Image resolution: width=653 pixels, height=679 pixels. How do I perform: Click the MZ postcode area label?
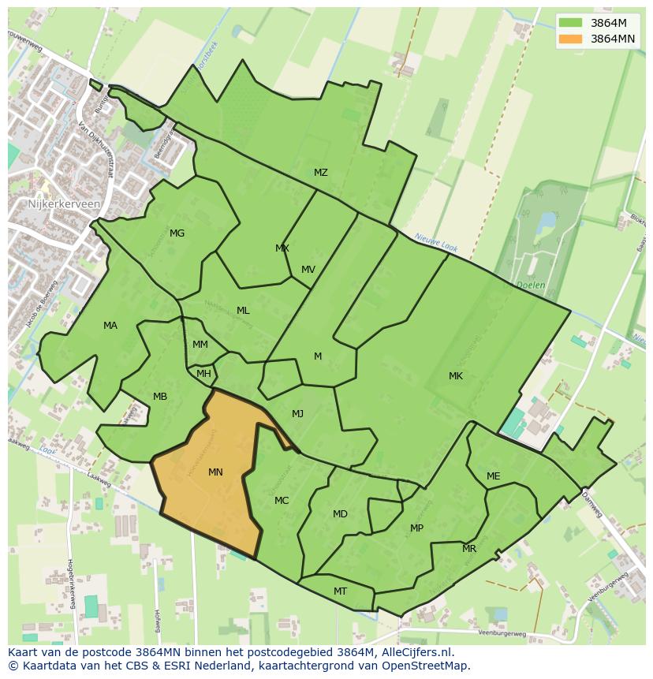coord(320,173)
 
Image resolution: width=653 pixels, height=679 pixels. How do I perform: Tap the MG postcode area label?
coord(177,233)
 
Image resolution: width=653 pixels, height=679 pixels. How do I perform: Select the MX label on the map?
coord(282,248)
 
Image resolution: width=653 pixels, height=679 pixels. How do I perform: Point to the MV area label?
coord(308,270)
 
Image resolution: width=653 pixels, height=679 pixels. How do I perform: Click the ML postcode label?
coord(243,311)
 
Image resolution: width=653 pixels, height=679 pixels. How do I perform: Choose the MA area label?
coord(110,326)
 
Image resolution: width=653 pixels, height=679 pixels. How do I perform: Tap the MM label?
coord(200,345)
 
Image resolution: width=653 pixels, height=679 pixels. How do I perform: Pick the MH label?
coord(203,374)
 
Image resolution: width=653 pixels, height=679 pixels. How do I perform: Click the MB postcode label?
coord(160,397)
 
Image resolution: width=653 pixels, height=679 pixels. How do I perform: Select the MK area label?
coord(456,376)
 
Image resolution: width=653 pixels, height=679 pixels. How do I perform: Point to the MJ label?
coord(297,414)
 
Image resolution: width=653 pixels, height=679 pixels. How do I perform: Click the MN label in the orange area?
coord(215,472)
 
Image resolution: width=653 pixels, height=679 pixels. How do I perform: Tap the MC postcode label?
coord(282,501)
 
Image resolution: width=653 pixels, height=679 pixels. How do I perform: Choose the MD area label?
coord(340,514)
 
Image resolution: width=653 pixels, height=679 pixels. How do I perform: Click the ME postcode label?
coord(493,476)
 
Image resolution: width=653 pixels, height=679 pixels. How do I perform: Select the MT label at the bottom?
coord(340,591)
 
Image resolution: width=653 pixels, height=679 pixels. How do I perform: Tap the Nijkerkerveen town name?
coord(64,203)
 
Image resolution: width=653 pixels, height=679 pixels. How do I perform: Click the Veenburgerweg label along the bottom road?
coord(502,633)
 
